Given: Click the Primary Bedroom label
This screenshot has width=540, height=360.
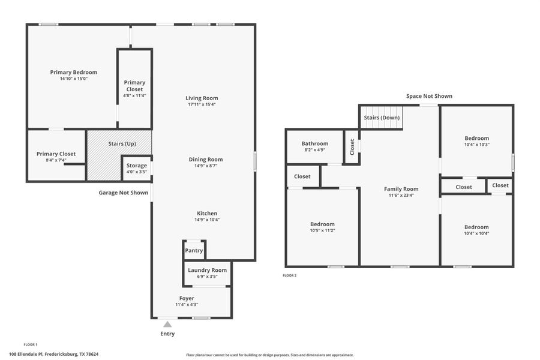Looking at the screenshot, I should point(73,73).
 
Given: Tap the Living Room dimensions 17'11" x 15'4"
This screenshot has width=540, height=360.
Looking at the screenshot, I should point(202,105).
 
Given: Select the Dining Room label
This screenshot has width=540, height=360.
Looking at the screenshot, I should point(206,160).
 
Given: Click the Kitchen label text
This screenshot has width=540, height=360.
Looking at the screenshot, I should point(207,214).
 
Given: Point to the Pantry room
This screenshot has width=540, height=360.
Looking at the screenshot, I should point(194,251).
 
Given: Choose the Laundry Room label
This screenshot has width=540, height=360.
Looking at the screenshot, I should point(207,270).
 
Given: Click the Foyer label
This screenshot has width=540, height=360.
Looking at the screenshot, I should point(187,298).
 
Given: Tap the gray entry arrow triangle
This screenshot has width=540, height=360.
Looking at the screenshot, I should point(167,325).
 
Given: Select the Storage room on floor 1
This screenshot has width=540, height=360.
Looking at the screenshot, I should point(136,166).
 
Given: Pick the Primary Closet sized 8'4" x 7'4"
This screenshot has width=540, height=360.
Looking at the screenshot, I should point(56,154).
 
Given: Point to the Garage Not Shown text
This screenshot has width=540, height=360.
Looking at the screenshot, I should point(124,193).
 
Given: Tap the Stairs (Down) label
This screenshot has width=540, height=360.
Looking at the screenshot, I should point(382,118).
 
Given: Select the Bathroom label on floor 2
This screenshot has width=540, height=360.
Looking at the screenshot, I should point(314,144).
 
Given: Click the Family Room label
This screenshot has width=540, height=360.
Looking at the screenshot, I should point(401,189).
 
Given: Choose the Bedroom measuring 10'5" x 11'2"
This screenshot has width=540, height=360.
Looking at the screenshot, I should point(322,224).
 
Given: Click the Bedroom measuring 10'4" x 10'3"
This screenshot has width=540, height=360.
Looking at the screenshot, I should point(476,138).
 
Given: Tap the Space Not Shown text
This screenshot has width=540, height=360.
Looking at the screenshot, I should point(429,96).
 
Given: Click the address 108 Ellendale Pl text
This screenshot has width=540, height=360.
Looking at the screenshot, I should point(54,354).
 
